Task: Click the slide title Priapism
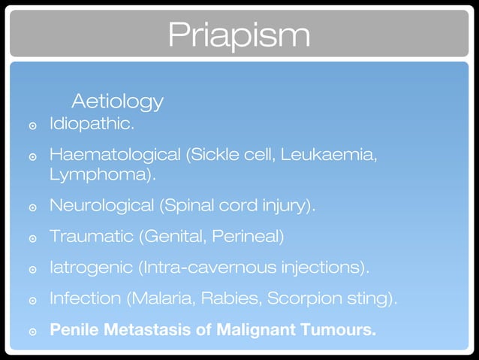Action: click(239, 33)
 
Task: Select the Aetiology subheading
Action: click(117, 100)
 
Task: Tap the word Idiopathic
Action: click(91, 123)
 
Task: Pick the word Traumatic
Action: click(89, 237)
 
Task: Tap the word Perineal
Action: click(246, 237)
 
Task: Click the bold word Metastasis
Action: click(134, 329)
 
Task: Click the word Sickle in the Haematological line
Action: click(212, 156)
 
